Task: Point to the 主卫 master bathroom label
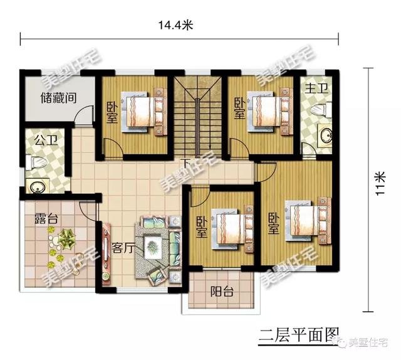[x=314, y=89]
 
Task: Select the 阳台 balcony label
[x=221, y=291]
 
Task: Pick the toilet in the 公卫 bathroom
[x=37, y=162]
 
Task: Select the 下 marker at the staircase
[x=185, y=165]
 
